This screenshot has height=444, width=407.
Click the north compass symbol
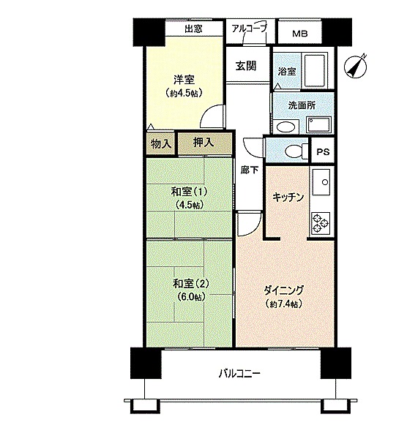[356, 67]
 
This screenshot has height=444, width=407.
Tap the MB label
[300, 34]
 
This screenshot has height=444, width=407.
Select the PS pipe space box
[323, 151]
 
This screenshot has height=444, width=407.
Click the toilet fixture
[296, 151]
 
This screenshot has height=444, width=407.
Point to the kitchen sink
[321, 182]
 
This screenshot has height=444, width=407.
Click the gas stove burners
[321, 222]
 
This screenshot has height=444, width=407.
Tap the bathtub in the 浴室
[314, 70]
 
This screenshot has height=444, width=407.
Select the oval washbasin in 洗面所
[286, 127]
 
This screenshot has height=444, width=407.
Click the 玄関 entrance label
[246, 66]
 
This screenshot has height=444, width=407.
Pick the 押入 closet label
[203, 143]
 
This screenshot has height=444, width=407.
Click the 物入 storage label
[161, 144]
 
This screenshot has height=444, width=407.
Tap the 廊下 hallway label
[250, 170]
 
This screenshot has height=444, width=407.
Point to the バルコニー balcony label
[239, 374]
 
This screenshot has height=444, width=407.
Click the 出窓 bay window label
[193, 29]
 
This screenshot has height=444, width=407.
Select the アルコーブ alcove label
[250, 29]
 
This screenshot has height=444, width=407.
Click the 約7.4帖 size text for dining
[284, 304]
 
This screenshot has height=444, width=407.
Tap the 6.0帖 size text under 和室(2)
[191, 297]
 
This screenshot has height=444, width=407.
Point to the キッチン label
[288, 197]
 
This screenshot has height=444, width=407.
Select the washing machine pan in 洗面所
[319, 124]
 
